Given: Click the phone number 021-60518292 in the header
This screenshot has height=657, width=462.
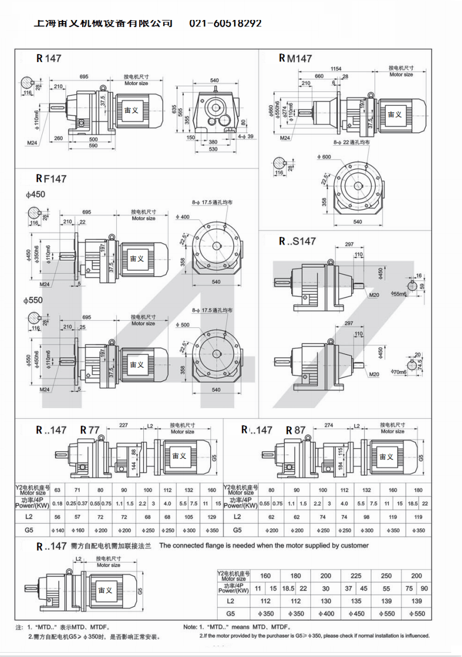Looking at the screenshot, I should (225, 24).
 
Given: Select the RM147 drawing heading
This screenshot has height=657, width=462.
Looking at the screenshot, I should (295, 58).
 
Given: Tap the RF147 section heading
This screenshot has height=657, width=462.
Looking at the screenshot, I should (51, 178).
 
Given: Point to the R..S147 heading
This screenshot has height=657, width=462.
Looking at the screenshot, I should (297, 241).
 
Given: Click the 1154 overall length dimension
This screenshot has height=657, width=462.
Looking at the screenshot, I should (336, 69).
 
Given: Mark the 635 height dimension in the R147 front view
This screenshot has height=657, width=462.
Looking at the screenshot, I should (174, 110).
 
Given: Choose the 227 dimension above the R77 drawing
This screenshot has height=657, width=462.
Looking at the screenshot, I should (123, 425).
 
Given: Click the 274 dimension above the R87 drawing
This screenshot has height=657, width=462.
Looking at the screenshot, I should (328, 425).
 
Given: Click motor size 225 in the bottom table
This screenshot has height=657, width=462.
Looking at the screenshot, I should (357, 575).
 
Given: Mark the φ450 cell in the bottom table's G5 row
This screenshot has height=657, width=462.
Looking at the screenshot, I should (357, 613).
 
